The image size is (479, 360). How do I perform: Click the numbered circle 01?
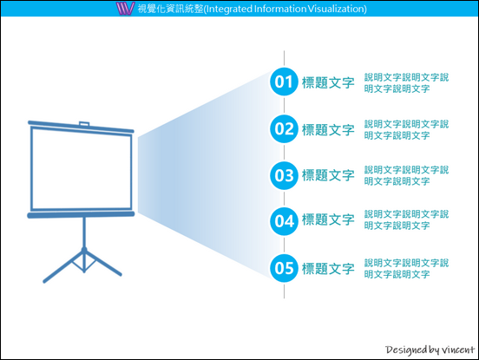[284, 82]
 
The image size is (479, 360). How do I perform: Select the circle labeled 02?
[284, 129]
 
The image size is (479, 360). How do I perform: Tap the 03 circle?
[284, 175]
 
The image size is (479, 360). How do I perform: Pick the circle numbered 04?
[284, 221]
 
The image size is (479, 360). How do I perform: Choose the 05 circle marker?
[284, 268]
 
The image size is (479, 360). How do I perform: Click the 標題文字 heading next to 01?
[328, 82]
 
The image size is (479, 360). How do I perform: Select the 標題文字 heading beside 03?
[328, 175]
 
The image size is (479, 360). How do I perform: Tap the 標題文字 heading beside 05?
[328, 269]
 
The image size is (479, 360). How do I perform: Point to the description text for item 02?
[406, 130]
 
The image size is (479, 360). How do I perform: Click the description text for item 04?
[406, 219]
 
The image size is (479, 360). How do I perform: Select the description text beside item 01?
[406, 83]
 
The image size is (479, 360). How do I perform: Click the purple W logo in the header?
[125, 9]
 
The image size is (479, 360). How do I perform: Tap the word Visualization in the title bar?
[336, 9]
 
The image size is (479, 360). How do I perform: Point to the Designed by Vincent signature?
[430, 350]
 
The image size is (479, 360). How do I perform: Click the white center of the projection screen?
[82, 170]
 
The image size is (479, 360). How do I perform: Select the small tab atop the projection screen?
[84, 124]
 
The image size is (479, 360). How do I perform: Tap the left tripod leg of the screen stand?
[62, 267]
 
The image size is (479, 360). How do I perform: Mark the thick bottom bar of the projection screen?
[81, 215]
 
